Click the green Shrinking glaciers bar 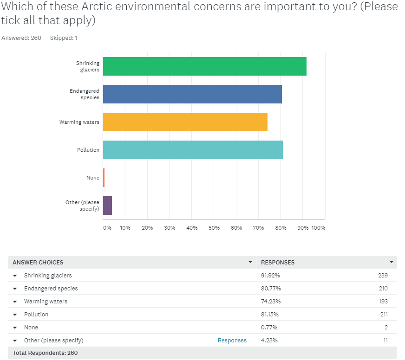204,66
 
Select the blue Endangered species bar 192,94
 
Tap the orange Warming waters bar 185,122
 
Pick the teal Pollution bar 193,150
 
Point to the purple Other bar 107,206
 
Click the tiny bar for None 104,178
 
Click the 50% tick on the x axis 214,228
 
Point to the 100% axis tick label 318,228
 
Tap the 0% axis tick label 107,228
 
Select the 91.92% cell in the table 271,276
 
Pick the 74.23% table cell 271,302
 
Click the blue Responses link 232,341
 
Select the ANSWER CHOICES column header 38,263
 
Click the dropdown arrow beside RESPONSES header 392,262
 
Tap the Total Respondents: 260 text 45,353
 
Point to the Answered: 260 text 21,38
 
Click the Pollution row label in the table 36,315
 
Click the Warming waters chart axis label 79,122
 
